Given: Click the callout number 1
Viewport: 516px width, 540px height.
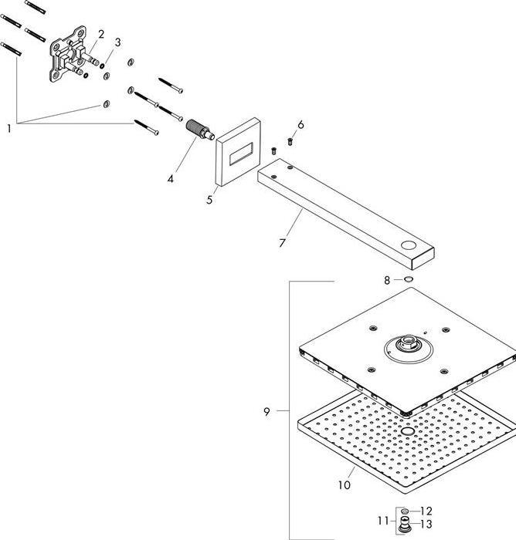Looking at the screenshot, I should [9, 129].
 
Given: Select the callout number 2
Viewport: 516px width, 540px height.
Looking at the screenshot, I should [100, 34].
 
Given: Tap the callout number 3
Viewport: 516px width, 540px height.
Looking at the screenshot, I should [118, 42].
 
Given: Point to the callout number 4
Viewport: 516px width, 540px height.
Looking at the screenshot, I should [170, 179].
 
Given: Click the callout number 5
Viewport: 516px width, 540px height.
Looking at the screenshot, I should [209, 200].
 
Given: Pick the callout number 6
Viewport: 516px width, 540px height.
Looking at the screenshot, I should [300, 124].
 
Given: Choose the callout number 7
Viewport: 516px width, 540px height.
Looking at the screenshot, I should [283, 243].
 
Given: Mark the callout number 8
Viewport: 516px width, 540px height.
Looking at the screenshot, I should [387, 280].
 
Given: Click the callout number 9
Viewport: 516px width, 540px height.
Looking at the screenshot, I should [266, 412].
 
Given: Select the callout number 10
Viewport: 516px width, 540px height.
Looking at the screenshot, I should [345, 484].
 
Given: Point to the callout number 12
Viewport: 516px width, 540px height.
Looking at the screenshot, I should [427, 511].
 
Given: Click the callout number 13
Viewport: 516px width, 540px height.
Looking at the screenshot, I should [427, 524].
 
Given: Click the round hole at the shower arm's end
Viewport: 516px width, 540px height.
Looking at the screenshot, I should [407, 247].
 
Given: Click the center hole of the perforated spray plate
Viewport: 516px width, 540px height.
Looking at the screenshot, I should [407, 430].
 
